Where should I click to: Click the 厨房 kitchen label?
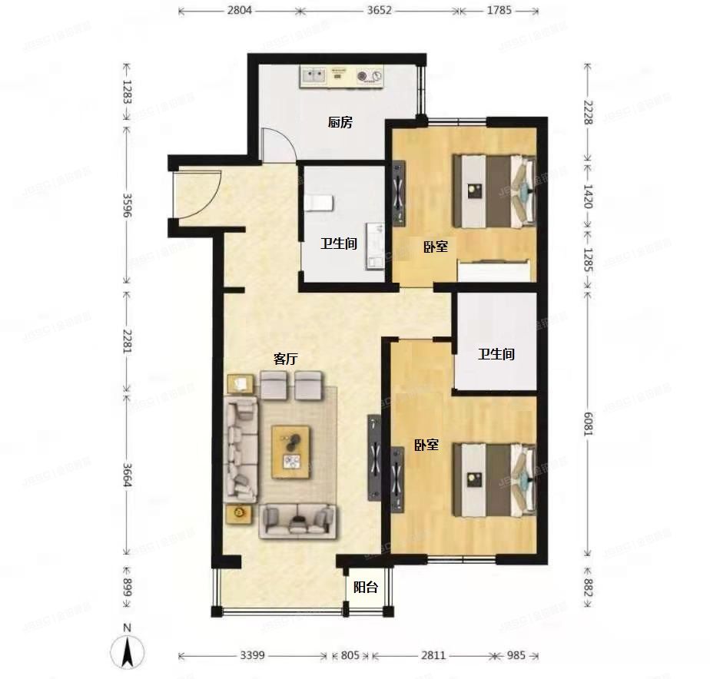[x=340, y=123]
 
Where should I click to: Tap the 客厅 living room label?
[x=286, y=359]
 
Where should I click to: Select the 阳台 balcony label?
[x=365, y=588]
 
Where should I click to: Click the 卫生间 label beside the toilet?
[x=339, y=244]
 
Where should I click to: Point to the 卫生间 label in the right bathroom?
[x=496, y=355]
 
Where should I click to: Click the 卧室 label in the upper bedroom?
[x=436, y=247]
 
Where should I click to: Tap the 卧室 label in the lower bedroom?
[x=426, y=445]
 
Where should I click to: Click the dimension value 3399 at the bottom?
[x=253, y=655]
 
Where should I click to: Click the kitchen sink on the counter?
[x=314, y=75]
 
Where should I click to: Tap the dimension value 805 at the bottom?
[x=349, y=655]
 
